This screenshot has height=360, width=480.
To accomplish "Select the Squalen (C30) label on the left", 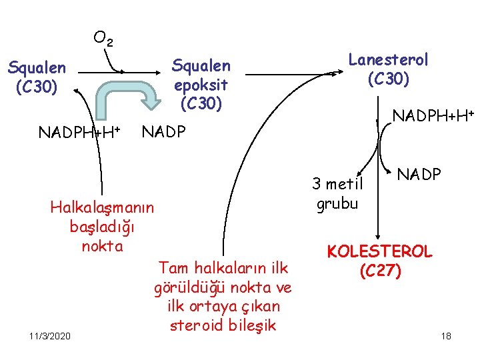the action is click(x=37, y=77).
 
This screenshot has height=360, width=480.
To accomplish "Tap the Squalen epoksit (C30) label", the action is click(x=201, y=85).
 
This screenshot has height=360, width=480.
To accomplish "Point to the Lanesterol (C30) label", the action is click(x=389, y=69).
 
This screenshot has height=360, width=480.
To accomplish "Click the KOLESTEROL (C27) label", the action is click(x=379, y=261).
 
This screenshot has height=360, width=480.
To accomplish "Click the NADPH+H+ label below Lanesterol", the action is click(x=433, y=117).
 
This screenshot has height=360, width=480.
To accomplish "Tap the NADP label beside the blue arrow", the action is click(x=163, y=131).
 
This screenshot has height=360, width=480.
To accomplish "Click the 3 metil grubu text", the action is click(x=338, y=194).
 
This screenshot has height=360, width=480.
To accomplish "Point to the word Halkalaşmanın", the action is click(x=102, y=207).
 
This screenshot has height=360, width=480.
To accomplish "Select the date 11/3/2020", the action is click(x=50, y=336).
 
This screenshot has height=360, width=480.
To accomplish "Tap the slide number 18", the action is click(x=446, y=336).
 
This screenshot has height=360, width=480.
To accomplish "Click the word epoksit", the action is click(x=201, y=85).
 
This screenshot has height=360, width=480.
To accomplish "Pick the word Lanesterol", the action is click(x=389, y=59).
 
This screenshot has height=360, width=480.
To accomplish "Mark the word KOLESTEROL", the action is click(x=379, y=252).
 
